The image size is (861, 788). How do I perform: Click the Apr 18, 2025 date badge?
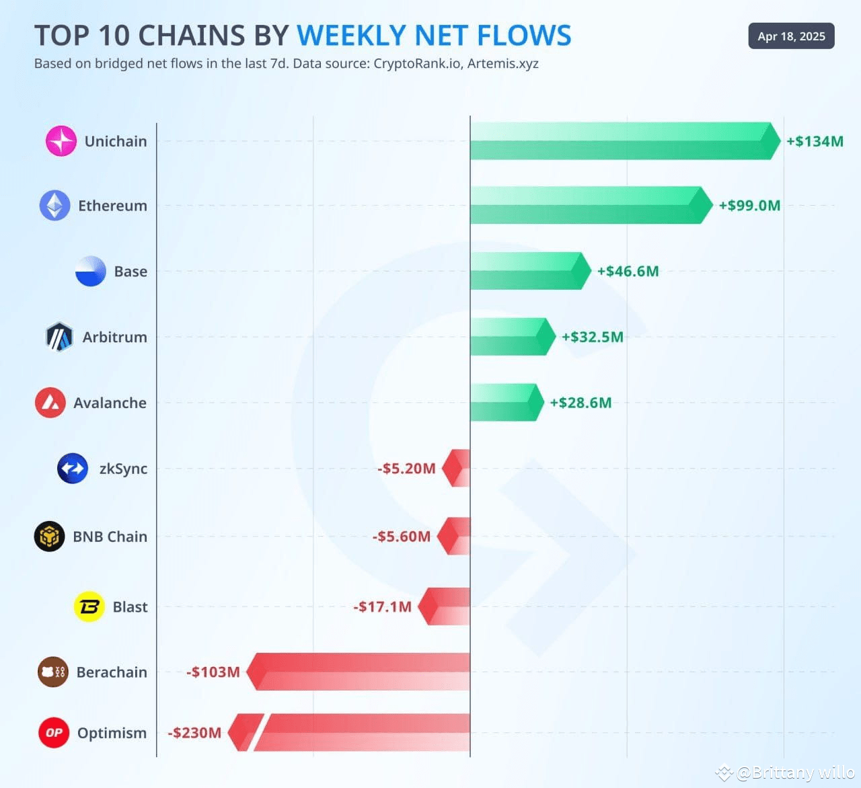(791, 36)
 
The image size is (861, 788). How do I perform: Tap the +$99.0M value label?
(749, 206)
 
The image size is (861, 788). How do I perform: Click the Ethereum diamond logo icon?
(54, 206)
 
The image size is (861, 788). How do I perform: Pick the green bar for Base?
(528, 272)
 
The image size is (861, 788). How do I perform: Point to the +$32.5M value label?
(593, 337)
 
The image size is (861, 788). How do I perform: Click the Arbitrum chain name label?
(114, 337)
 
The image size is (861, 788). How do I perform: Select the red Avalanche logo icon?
(50, 403)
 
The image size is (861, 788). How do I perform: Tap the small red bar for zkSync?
(457, 468)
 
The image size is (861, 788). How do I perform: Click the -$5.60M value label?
(402, 537)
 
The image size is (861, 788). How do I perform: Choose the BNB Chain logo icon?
(50, 537)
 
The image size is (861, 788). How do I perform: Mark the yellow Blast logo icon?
(89, 606)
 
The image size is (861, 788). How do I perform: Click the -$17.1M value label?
(382, 606)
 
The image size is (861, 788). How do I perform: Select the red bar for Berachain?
(360, 672)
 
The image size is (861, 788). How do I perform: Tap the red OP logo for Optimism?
(54, 733)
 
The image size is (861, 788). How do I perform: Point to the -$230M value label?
(194, 733)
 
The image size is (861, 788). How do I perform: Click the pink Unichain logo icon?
(61, 141)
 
